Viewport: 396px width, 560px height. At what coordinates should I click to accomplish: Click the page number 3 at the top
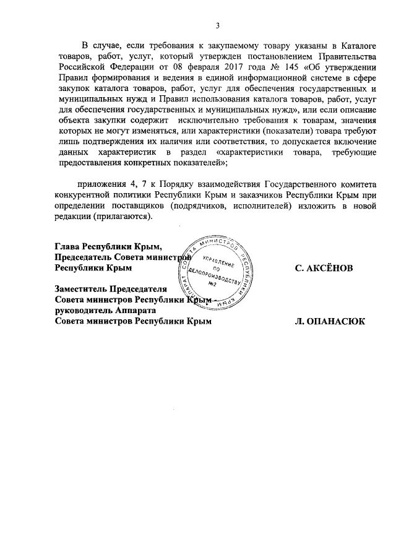(x=217, y=25)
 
